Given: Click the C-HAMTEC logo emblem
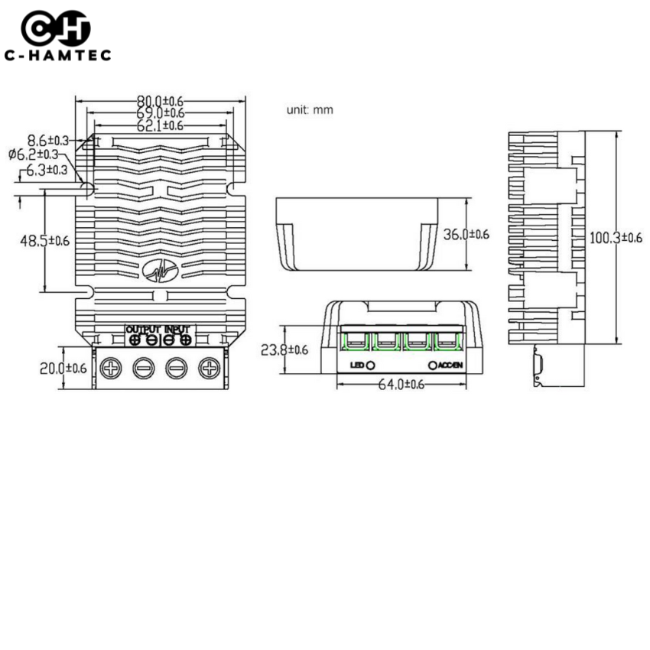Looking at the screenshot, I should (x=56, y=29).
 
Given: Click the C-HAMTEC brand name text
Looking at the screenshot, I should (x=57, y=55).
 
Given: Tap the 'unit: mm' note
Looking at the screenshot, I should (x=310, y=109).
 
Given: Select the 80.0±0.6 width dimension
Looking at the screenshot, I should (x=160, y=101).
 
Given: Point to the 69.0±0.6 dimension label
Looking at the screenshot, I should (x=160, y=113).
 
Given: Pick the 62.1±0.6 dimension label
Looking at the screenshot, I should (x=160, y=125).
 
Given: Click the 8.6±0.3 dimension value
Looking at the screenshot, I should (x=47, y=140).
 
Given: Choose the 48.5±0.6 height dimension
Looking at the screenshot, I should (x=44, y=240).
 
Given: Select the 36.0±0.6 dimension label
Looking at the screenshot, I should (x=466, y=235).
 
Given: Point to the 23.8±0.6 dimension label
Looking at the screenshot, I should (x=284, y=350).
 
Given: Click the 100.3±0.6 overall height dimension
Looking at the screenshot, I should (x=616, y=238).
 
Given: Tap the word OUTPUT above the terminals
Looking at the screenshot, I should (x=142, y=328).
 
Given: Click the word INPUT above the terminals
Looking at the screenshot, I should (x=177, y=328).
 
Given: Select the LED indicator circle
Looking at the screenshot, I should (x=371, y=366).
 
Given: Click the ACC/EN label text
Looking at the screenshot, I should (x=452, y=366).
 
